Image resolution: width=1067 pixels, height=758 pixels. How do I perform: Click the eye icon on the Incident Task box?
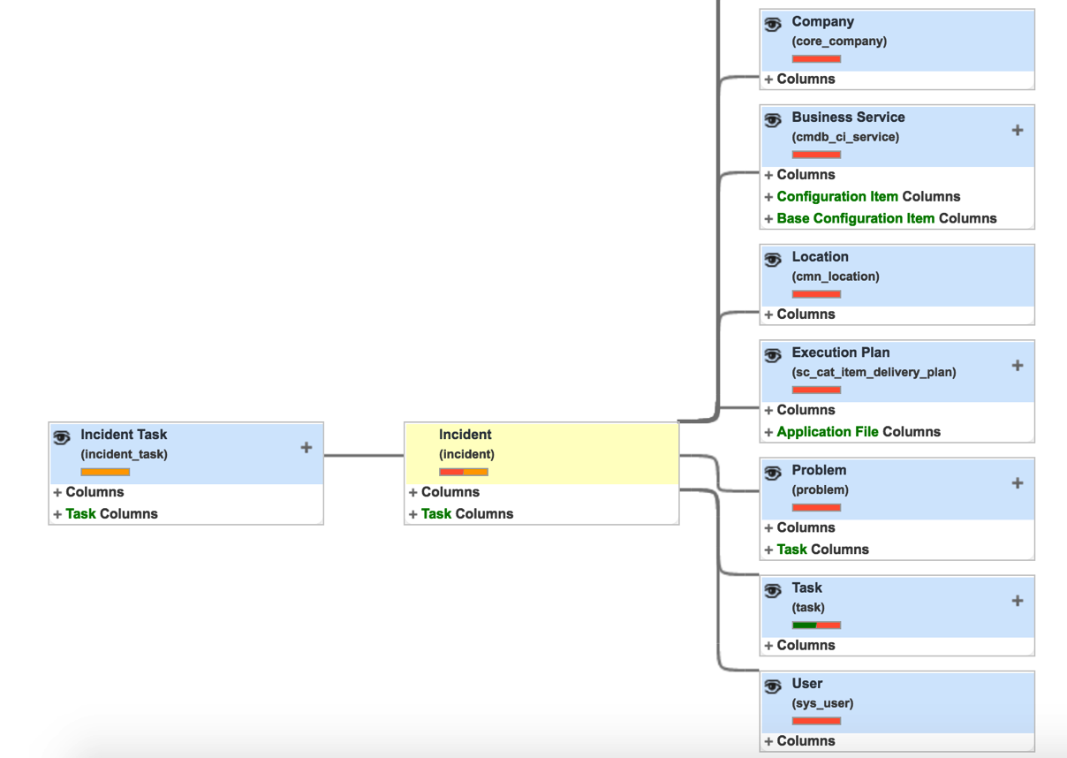(62, 437)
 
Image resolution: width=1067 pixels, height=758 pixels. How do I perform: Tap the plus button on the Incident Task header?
(306, 447)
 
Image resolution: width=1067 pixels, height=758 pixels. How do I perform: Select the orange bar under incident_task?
(105, 472)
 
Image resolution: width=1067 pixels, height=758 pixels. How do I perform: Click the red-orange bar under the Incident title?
(464, 472)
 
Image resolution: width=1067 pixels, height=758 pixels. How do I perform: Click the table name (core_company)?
(839, 42)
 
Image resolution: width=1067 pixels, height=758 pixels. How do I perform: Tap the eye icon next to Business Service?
(773, 120)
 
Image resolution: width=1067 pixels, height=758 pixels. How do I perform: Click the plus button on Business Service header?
(1018, 130)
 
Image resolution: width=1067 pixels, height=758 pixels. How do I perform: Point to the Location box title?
(821, 257)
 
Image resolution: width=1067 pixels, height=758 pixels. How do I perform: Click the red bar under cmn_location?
(816, 294)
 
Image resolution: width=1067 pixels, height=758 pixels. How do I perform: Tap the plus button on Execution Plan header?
(1018, 366)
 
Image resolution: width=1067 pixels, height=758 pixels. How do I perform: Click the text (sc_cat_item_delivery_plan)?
(874, 372)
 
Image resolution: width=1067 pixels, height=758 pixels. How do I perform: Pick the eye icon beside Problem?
(773, 474)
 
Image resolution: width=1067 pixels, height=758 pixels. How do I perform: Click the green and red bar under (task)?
(816, 625)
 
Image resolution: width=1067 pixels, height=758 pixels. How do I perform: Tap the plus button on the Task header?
(1018, 601)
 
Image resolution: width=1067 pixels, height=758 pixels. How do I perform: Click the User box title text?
(807, 683)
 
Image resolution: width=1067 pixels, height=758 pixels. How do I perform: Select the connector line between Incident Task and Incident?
(364, 456)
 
